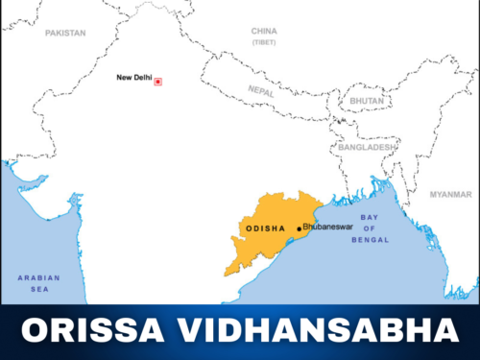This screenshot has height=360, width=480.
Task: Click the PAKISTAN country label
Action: (x=65, y=33)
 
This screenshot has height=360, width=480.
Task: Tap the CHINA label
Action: (x=264, y=32)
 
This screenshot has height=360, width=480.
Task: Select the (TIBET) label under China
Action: (x=264, y=43)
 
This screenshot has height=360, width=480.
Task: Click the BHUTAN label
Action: (x=367, y=100)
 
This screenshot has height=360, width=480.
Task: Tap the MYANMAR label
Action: (x=450, y=194)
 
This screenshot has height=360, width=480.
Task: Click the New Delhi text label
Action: (x=133, y=78)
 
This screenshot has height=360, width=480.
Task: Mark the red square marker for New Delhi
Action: (x=158, y=82)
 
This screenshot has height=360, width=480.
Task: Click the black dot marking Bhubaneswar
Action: (x=299, y=228)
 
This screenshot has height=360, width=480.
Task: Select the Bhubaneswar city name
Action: (x=327, y=228)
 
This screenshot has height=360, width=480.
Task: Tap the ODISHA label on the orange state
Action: (x=266, y=229)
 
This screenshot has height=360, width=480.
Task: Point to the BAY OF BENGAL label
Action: (x=370, y=228)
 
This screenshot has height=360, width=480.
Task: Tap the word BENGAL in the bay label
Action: (x=370, y=240)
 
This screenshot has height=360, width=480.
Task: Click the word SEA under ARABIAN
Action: (x=38, y=289)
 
